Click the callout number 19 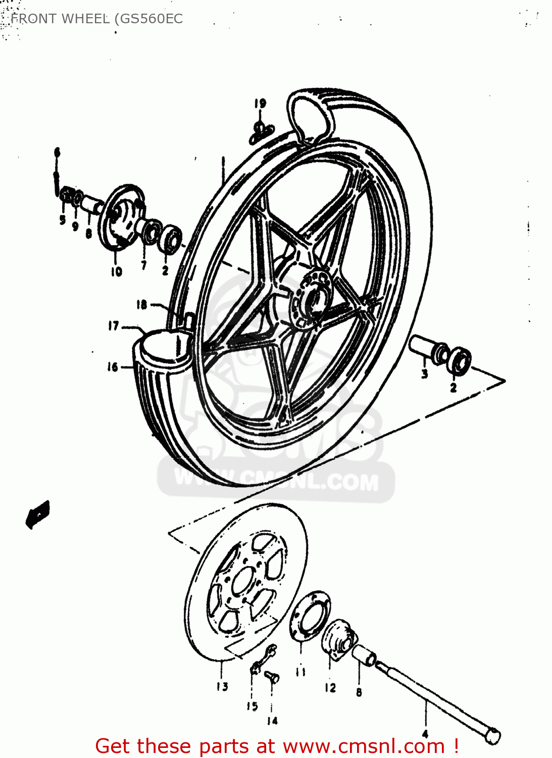(260, 104)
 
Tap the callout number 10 (117, 272)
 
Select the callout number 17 (114, 326)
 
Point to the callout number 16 (112, 367)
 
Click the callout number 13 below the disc (222, 686)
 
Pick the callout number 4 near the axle (425, 733)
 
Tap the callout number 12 (330, 687)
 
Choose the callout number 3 (425, 374)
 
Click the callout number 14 (272, 721)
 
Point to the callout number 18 (141, 304)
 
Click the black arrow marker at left (38, 514)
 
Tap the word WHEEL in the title (84, 19)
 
